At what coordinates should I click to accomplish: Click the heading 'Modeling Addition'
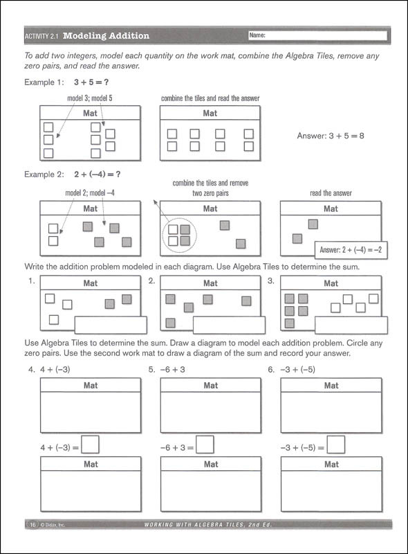tap(106, 35)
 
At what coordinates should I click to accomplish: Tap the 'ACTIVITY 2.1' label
tap(42, 35)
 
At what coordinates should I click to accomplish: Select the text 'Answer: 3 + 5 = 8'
tap(331, 136)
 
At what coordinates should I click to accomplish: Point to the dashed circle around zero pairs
tap(178, 235)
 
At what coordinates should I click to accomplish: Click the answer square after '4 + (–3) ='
tap(91, 444)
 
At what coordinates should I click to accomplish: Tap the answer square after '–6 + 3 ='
tap(205, 444)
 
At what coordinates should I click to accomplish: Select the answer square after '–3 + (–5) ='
tap(336, 444)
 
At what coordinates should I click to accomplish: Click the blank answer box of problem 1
tap(110, 325)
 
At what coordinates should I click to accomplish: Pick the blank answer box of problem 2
tap(229, 325)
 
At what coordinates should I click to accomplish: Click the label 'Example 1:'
tap(44, 82)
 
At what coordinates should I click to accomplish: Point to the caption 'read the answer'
tap(331, 194)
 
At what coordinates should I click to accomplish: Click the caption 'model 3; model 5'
tap(90, 98)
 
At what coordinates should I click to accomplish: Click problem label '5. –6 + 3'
tap(167, 369)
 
